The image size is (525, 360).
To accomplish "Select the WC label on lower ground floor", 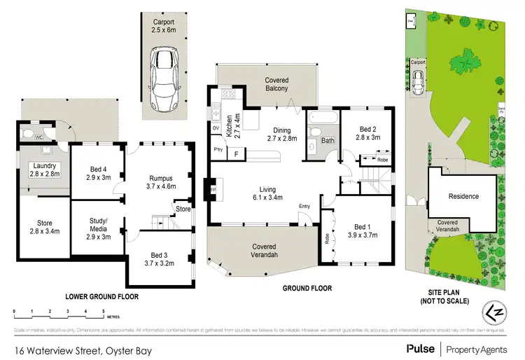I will (x=39, y=137).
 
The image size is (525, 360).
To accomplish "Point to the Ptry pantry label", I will (x=218, y=149).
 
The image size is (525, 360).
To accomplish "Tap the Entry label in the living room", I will (x=304, y=205).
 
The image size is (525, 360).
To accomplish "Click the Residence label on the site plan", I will (x=463, y=196).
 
